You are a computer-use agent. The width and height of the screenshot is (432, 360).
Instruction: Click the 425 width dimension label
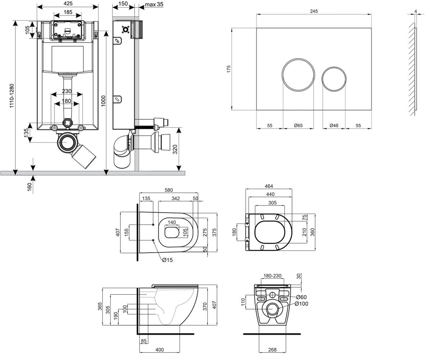pos(68,4)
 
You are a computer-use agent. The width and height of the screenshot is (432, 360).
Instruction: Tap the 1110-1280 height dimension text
pos(12,96)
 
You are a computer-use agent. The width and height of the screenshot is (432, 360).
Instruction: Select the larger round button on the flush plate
pos(298,75)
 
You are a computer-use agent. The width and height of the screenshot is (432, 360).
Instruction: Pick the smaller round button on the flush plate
pos(334,79)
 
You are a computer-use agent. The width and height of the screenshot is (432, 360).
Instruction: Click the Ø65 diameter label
pos(298,125)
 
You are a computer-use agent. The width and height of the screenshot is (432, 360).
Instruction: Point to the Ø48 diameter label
pos(334,125)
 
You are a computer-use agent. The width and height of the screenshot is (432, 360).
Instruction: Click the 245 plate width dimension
pos(314,11)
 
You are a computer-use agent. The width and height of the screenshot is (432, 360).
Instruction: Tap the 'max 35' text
pos(154,4)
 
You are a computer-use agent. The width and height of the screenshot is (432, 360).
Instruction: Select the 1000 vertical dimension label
pos(103,101)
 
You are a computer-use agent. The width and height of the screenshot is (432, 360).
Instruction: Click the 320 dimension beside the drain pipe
pos(175,149)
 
